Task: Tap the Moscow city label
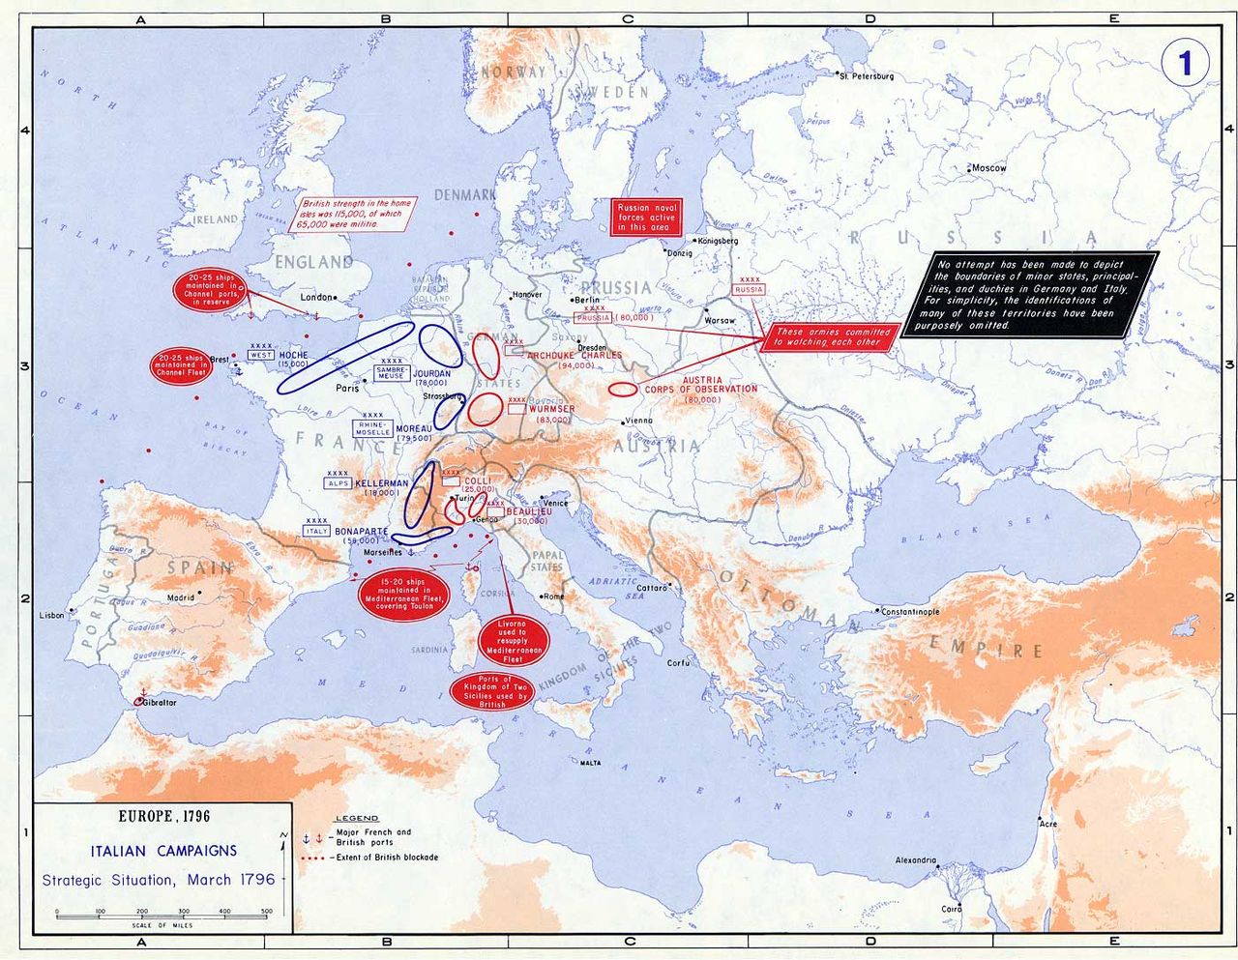[x=990, y=168]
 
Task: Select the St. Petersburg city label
[x=868, y=75]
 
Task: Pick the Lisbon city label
[x=51, y=615]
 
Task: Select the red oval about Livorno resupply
[x=514, y=641]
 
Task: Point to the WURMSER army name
[x=552, y=409]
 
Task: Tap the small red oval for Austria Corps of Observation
[x=624, y=390]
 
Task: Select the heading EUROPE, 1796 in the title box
[x=163, y=816]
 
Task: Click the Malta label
[x=590, y=763]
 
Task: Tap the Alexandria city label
[x=915, y=859]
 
